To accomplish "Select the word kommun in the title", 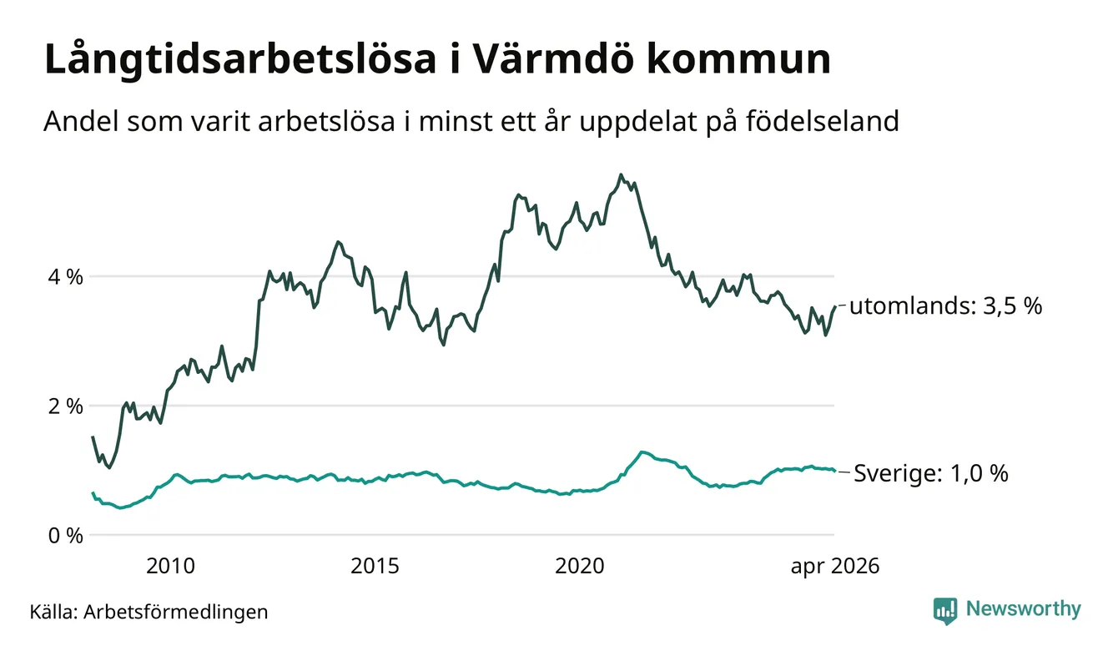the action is [738, 60].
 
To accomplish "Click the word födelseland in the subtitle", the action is [823, 121].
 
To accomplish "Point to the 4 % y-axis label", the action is [65, 276].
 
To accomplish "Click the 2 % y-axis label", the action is [65, 406].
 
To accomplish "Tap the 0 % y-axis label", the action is [65, 536].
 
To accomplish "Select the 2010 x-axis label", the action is [170, 566].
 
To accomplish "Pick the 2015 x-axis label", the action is [375, 566].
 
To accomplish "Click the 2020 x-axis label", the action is [580, 566].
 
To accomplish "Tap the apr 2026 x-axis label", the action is [835, 567].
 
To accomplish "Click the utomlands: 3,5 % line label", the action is [946, 305].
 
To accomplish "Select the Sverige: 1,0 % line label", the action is [931, 472].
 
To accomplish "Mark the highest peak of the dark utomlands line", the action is [621, 174].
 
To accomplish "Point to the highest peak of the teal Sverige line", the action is [642, 452].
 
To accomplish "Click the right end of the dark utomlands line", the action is [835, 306].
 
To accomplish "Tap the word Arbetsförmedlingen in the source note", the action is [176, 612].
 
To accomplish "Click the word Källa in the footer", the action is [53, 611].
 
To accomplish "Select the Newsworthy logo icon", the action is [945, 611].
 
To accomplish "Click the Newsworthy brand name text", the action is [1023, 609].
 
